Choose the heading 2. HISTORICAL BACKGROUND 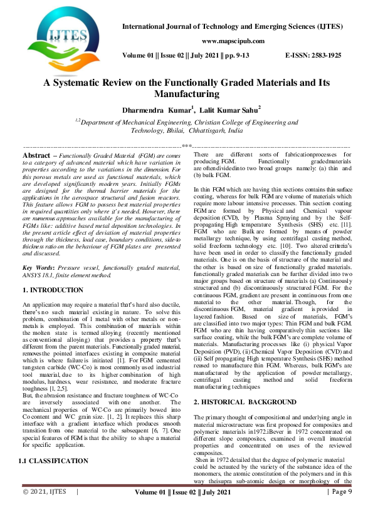pos(245,366)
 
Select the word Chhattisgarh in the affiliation pos(209,131)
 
